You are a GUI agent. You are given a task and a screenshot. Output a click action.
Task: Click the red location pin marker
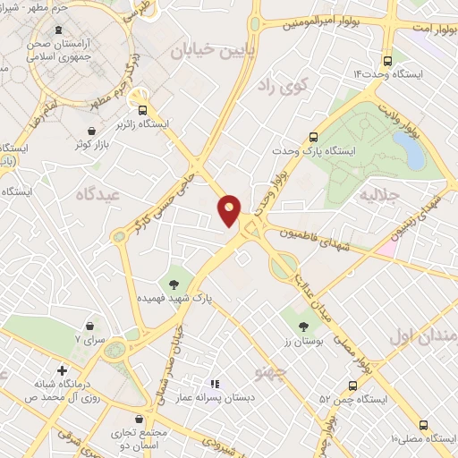[x=230, y=210]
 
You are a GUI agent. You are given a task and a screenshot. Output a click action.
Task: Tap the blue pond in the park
[x=413, y=153]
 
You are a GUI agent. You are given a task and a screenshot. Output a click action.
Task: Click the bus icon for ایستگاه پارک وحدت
[x=314, y=137]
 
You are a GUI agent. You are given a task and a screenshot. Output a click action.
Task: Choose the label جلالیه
[x=376, y=193]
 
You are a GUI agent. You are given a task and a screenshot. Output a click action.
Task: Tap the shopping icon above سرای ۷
[x=90, y=326]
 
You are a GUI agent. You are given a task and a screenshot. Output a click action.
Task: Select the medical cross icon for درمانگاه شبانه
[x=62, y=369]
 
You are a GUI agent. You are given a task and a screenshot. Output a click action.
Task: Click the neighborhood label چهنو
[x=268, y=369]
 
